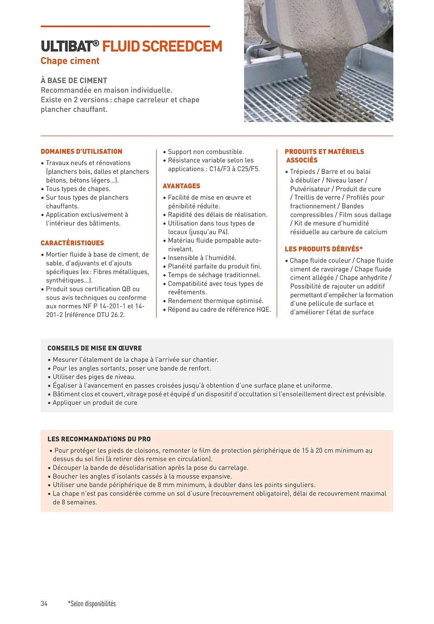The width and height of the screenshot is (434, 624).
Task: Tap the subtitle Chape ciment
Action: (x=70, y=61)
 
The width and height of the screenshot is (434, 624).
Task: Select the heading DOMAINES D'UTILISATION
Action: (x=81, y=152)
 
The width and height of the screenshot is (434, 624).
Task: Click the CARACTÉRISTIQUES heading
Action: (x=72, y=243)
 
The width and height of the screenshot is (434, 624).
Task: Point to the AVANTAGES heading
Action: (x=181, y=186)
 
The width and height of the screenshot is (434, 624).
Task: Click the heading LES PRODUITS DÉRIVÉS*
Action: (x=324, y=249)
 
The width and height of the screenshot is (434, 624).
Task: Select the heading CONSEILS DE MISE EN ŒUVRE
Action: (x=95, y=348)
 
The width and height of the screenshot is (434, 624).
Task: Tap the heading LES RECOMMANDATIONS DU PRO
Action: (x=99, y=439)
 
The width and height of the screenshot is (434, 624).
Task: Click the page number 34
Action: (x=44, y=604)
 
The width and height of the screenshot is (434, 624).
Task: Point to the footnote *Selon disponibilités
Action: (x=92, y=604)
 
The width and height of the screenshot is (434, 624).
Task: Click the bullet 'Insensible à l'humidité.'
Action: (x=202, y=258)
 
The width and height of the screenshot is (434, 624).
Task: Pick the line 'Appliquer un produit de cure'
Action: (x=95, y=403)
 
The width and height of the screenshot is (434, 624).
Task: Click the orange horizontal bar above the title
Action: (x=125, y=27)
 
